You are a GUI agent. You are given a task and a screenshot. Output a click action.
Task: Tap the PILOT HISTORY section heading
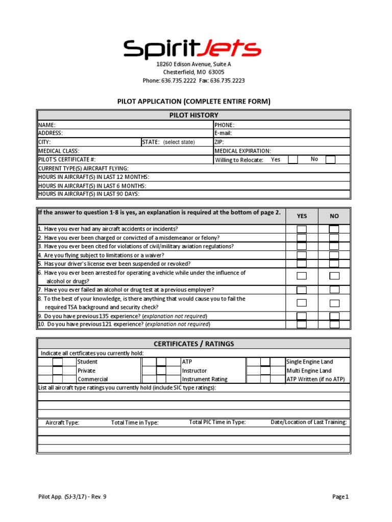tap(193, 115)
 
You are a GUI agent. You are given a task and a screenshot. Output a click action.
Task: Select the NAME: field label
tap(47, 125)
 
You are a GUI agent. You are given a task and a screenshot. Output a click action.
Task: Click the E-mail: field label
tap(223, 133)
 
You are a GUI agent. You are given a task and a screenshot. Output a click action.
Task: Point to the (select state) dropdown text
tap(179, 142)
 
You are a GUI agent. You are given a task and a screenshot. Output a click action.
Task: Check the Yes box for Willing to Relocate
tap(293, 160)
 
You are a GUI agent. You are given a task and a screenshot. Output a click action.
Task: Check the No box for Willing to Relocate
tap(330, 160)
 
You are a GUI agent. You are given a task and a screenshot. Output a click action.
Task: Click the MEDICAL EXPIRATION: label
tap(242, 151)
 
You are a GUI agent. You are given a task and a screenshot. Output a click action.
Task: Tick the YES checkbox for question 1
tap(302, 229)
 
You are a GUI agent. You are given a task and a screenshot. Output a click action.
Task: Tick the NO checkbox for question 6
tap(334, 276)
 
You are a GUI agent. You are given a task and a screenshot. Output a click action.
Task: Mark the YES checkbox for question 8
tap(302, 303)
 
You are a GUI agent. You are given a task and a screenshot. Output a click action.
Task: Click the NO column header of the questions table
tap(334, 216)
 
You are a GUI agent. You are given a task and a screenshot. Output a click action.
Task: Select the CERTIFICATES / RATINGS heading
tap(193, 344)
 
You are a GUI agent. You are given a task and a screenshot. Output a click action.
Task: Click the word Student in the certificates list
tap(87, 362)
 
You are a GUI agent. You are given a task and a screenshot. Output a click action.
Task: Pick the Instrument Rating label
tap(205, 379)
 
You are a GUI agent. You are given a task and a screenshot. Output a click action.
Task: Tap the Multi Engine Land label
tap(308, 371)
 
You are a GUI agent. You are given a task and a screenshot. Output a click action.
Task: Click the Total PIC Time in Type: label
tap(217, 422)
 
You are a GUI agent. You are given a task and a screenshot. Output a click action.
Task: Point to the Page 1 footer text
tap(340, 497)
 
